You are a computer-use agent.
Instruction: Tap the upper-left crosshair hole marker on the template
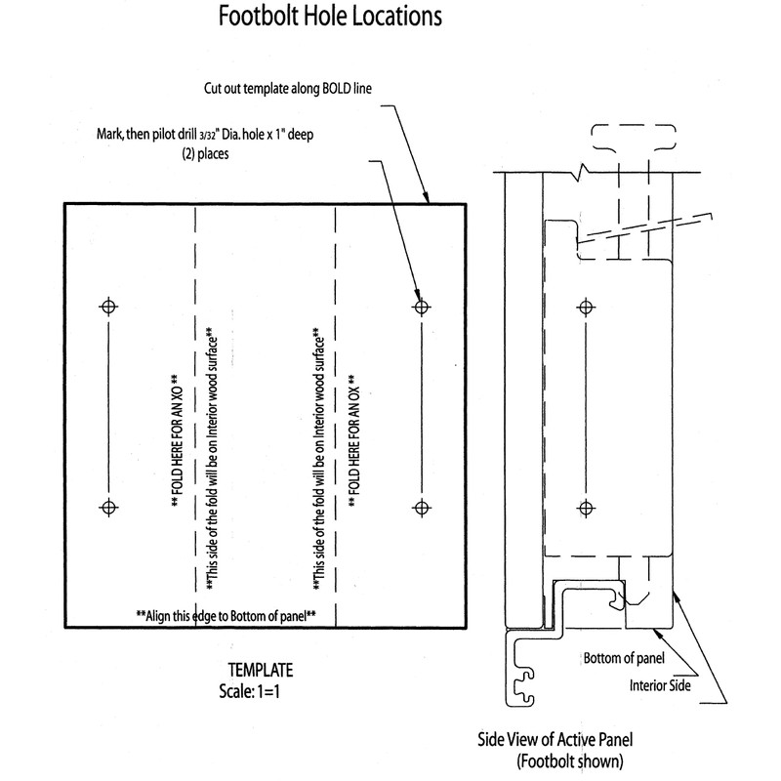(x=108, y=307)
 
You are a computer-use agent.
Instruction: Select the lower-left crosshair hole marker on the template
(x=108, y=507)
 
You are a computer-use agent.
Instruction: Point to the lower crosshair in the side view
(x=586, y=507)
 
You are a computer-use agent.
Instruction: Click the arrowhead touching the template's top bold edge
(x=427, y=200)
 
